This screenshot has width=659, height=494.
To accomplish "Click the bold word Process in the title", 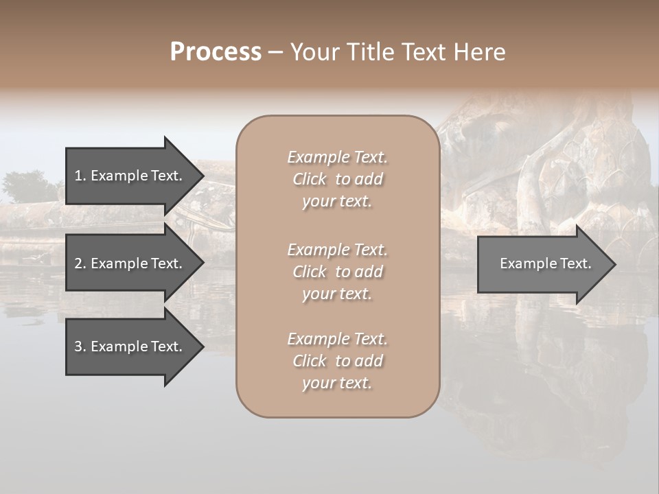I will click(x=216, y=52).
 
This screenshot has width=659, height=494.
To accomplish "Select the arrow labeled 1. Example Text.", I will click(x=130, y=176).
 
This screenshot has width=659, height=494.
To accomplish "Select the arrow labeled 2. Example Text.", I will click(x=130, y=263).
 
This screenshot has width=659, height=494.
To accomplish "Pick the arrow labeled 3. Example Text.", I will click(x=130, y=346).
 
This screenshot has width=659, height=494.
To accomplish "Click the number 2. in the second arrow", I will click(x=80, y=263).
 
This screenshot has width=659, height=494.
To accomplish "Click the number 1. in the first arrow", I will click(x=80, y=176).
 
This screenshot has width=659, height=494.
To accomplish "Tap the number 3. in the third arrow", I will click(x=80, y=346).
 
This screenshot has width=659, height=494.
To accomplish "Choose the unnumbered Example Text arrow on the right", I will click(x=542, y=264).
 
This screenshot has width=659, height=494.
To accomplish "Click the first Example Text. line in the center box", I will click(x=337, y=157).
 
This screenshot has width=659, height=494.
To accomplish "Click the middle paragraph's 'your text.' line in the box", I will click(x=337, y=294).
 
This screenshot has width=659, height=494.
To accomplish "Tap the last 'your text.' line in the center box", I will click(x=337, y=383).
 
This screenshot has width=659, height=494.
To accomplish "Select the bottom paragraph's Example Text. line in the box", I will click(x=337, y=339).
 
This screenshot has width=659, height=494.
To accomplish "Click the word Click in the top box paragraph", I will click(x=310, y=179).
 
